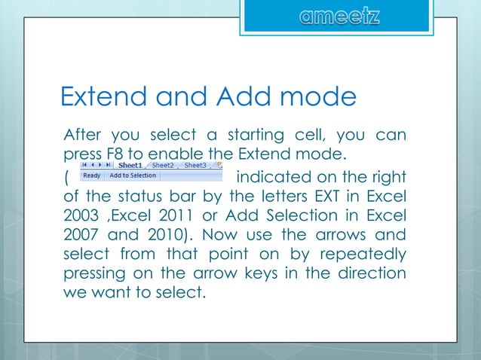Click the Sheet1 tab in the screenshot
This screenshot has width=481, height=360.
(130, 165)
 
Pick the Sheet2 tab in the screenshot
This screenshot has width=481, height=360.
(163, 165)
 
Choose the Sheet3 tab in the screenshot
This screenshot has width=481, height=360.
(195, 165)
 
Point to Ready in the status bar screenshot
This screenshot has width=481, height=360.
(91, 175)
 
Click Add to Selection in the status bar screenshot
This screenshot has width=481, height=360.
(133, 175)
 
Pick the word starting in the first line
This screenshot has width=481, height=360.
(247, 136)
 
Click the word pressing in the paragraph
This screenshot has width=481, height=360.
(91, 273)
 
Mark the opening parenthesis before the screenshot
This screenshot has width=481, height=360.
(66, 178)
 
